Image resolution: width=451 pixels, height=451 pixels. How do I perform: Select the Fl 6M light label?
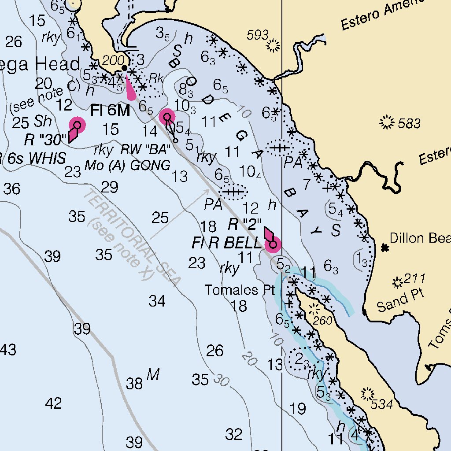tap(110, 111)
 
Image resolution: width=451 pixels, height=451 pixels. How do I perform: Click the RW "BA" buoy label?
tap(146, 150)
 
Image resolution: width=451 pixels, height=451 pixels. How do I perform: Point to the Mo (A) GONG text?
tap(127, 166)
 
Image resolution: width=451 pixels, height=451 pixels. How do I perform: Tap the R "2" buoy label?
tap(245, 225)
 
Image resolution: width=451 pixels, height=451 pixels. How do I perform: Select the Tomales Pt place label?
tap(240, 290)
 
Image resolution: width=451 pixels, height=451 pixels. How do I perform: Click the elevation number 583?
tap(409, 124)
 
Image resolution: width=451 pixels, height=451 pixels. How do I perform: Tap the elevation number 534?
tap(381, 404)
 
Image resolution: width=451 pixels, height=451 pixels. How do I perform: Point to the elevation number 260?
tap(324, 320)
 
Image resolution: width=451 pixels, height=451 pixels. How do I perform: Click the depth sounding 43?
tap(8, 350)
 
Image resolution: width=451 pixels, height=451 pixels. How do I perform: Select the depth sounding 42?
tap(53, 403)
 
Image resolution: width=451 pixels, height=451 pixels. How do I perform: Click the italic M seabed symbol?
tap(152, 375)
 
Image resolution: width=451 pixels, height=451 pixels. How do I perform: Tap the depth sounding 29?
tap(110, 187)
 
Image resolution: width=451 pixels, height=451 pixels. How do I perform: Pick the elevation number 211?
tap(414, 278)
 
